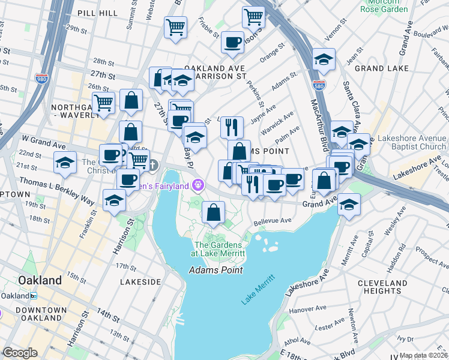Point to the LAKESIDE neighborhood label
140,281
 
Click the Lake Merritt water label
259,289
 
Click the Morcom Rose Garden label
384,5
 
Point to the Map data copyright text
424,355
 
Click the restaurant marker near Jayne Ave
231,127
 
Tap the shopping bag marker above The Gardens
213,211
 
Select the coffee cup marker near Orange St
232,42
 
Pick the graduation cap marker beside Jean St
324,59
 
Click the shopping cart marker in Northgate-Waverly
103,103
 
